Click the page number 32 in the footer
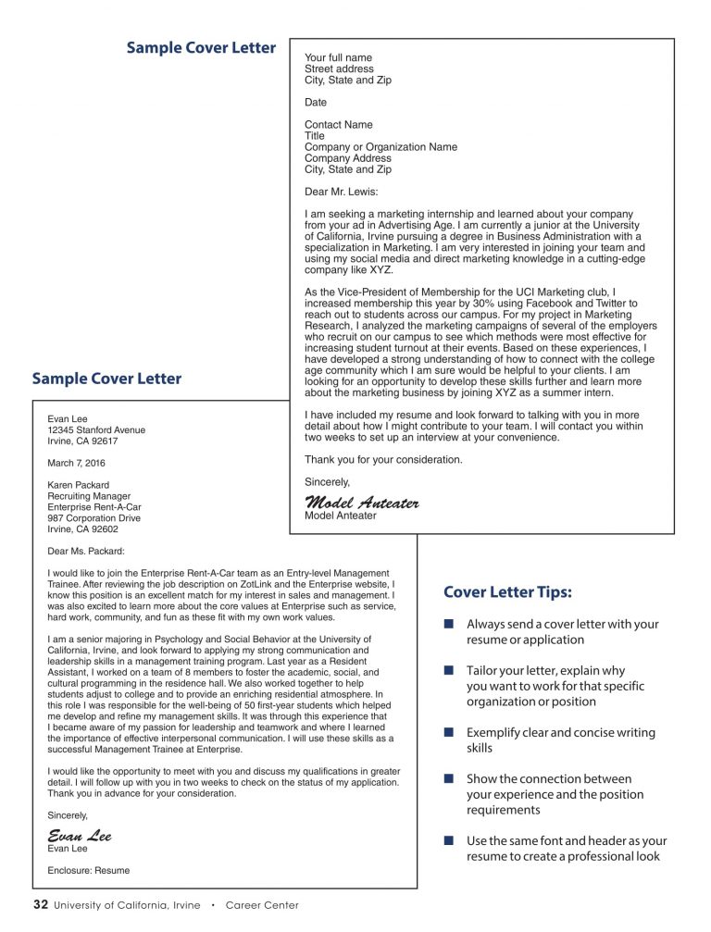tap(40, 904)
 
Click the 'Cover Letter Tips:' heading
tap(506, 592)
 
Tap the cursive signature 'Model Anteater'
tap(362, 503)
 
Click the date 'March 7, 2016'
tap(77, 463)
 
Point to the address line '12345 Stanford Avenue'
tap(96, 429)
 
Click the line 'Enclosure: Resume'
tap(89, 870)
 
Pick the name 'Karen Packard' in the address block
tap(78, 485)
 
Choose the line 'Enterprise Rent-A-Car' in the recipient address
tap(95, 507)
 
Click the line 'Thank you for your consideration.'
tap(383, 459)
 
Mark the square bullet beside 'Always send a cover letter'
tap(448, 625)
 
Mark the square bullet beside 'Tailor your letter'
tap(448, 671)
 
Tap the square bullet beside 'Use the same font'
tap(448, 841)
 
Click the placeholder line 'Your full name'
tap(338, 57)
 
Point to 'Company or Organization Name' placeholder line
tap(380, 147)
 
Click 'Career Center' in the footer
tap(262, 905)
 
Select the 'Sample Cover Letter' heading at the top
tap(201, 48)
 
